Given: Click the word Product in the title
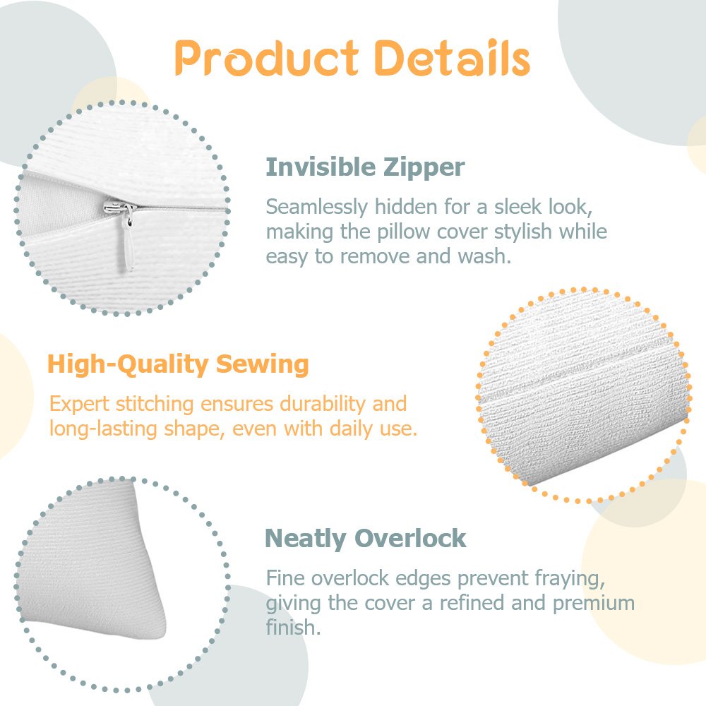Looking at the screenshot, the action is click(267, 58).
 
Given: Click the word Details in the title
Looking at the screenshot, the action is click(452, 57).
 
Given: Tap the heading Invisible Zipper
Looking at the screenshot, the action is click(365, 168).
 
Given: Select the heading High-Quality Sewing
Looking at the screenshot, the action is click(178, 365).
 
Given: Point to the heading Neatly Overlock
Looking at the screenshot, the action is click(365, 539).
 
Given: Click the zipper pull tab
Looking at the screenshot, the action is click(128, 243).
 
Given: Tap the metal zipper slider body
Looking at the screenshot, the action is click(119, 208).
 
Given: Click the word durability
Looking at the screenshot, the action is click(323, 404).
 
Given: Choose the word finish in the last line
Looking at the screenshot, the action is click(293, 627).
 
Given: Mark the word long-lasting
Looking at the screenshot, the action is click(103, 429).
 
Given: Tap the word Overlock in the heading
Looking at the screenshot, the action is click(410, 538).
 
